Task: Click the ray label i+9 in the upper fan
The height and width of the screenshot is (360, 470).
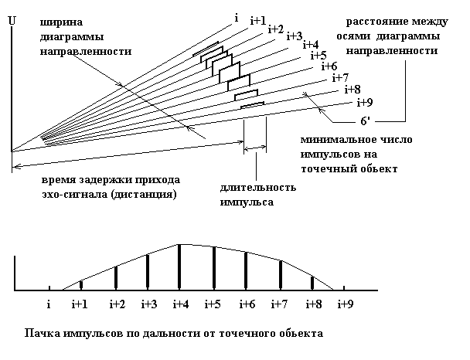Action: [x=364, y=103]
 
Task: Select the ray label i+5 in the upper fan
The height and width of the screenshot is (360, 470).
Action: [x=318, y=55]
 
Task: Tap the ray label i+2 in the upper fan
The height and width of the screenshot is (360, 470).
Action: [x=276, y=29]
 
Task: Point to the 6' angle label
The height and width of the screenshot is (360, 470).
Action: [x=368, y=121]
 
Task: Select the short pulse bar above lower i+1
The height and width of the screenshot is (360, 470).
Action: [x=80, y=285]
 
